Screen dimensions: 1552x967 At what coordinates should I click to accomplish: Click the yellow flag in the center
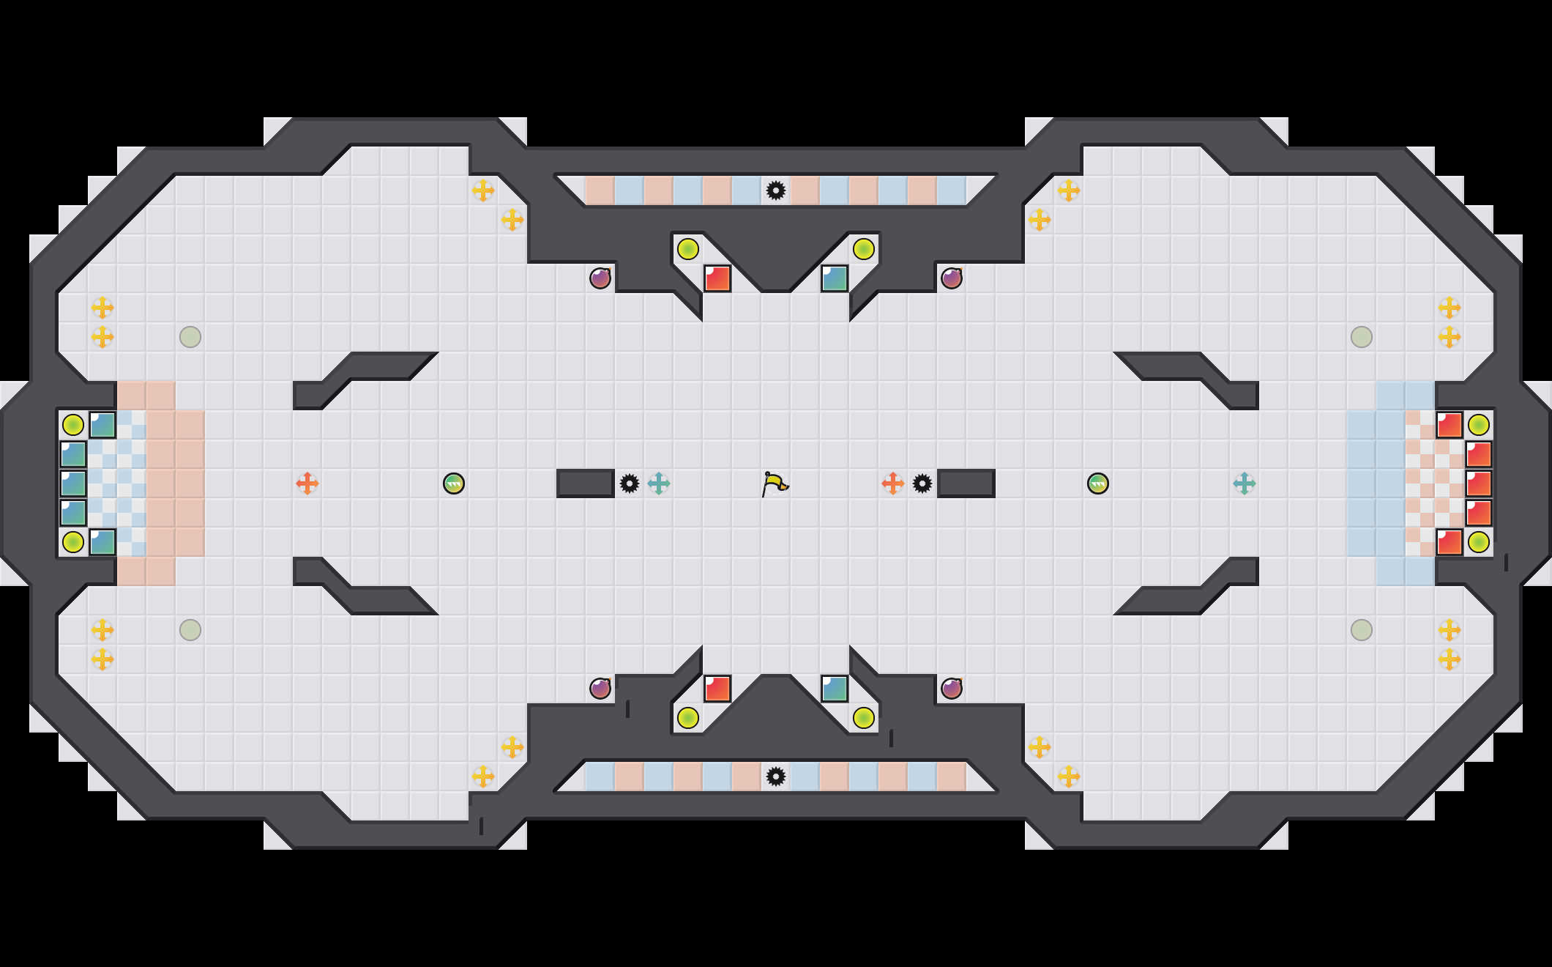click(x=775, y=483)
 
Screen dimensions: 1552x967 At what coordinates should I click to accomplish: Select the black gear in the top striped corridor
click(x=776, y=190)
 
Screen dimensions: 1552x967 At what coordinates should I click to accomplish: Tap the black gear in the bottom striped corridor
click(x=776, y=777)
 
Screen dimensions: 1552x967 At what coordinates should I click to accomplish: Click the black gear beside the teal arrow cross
click(x=630, y=483)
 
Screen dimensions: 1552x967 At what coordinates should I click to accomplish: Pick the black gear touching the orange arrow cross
click(x=922, y=483)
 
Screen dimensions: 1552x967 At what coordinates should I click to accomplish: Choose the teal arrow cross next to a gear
click(x=659, y=483)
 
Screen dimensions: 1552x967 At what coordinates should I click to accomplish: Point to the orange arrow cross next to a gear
click(x=892, y=483)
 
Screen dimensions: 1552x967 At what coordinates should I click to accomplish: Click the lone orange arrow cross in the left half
click(x=307, y=483)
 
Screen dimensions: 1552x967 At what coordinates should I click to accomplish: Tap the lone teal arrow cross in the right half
click(x=1245, y=483)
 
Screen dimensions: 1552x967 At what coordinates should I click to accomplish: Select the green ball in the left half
click(x=454, y=483)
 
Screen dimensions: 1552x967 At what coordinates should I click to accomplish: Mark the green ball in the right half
click(x=1098, y=483)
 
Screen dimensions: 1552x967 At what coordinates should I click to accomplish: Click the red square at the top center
click(x=717, y=278)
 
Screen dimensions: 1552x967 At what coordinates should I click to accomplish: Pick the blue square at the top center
click(x=835, y=278)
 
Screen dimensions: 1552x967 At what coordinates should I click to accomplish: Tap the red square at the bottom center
click(x=717, y=689)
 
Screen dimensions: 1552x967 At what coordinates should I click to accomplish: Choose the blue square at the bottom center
click(x=835, y=689)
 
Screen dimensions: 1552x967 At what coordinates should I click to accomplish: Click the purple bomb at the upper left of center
click(x=600, y=278)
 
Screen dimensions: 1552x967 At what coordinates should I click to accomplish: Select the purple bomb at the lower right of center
click(x=952, y=689)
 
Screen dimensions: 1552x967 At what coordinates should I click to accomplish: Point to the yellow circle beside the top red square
click(x=688, y=249)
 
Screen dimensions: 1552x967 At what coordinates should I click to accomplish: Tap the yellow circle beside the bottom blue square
click(x=864, y=718)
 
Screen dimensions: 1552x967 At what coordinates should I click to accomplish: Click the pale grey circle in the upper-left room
click(x=190, y=337)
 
